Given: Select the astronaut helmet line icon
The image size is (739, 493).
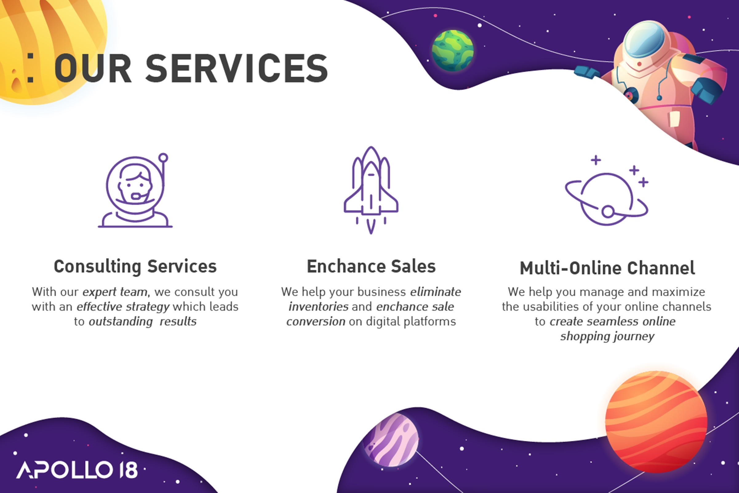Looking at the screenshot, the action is point(135,190).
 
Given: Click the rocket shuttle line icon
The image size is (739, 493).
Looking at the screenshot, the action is point(371,190).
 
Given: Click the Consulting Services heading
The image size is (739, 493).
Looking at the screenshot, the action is point(135,267).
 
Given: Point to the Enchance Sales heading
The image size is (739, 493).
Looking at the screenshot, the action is point(371,266).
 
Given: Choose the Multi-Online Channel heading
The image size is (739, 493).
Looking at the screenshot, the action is point(607,268).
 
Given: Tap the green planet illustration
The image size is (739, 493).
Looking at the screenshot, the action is point(453,50).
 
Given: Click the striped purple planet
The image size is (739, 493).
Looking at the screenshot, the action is point(391,440).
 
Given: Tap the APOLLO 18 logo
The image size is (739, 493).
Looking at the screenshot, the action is point(77,470).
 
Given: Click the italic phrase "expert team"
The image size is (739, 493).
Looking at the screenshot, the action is point(115,292).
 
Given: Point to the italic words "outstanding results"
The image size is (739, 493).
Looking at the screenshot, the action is point(143,322).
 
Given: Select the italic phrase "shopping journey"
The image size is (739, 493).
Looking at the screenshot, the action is point(607,336).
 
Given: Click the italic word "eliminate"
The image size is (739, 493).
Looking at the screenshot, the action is point(436,292).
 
